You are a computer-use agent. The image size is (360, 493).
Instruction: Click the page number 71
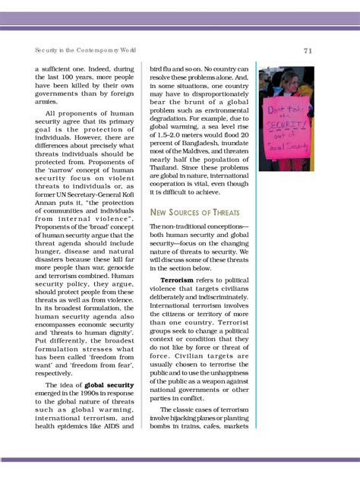[308, 51]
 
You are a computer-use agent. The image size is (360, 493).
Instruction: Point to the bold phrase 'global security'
[109, 385]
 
